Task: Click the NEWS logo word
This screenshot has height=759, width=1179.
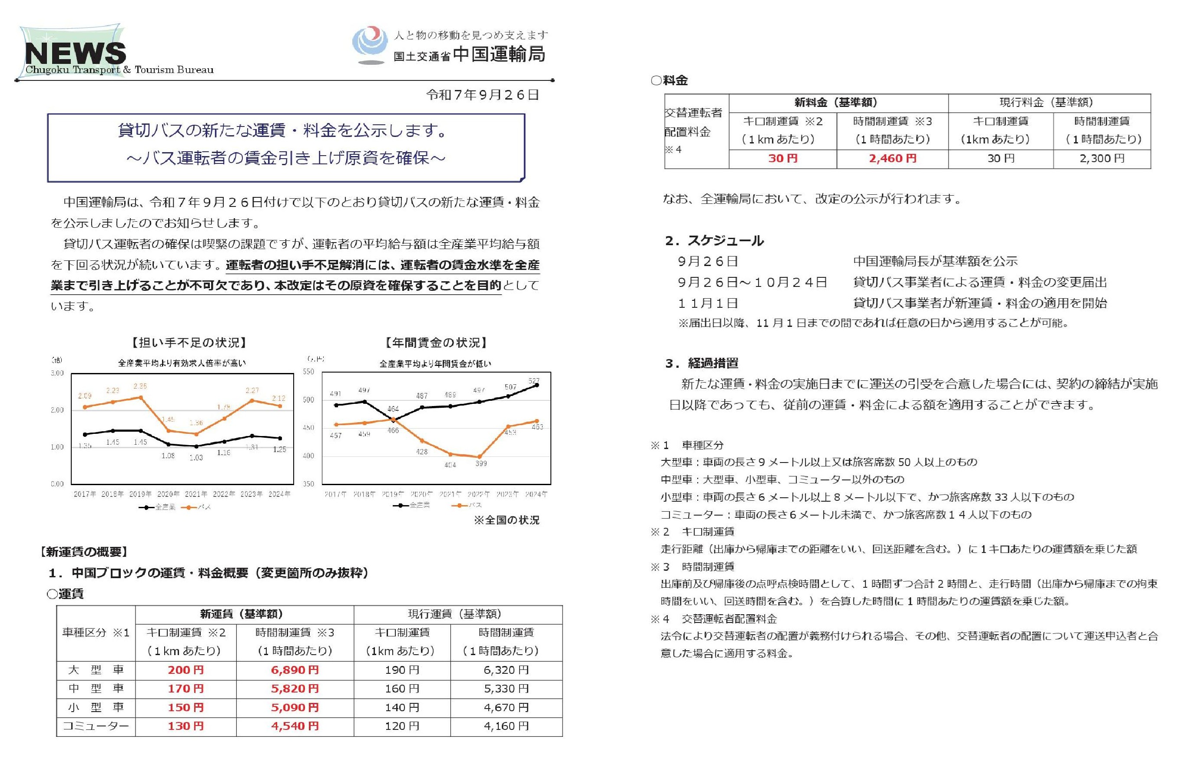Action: tap(75, 53)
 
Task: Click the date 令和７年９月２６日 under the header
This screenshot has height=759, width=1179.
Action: tap(482, 95)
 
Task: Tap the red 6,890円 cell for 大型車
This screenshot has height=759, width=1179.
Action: tap(295, 670)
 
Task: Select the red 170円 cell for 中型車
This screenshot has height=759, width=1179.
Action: tap(185, 689)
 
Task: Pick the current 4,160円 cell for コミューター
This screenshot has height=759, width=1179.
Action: tap(506, 726)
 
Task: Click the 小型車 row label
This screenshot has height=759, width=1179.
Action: tap(96, 707)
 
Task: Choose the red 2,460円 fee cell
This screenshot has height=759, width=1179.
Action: tap(892, 158)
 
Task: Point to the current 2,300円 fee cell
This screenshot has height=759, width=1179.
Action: tap(1102, 158)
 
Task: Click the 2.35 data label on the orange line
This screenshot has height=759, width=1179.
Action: tap(140, 386)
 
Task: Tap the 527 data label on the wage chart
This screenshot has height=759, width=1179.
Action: tap(533, 381)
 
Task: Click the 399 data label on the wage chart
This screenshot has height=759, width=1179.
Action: tap(480, 463)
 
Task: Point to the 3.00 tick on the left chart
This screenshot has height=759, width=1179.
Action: tap(57, 373)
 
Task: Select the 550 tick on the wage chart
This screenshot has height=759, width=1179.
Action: tap(308, 372)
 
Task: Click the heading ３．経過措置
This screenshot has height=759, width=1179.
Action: tap(702, 363)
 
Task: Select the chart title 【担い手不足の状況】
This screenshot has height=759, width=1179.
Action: tap(189, 343)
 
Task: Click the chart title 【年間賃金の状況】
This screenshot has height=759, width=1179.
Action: tap(436, 343)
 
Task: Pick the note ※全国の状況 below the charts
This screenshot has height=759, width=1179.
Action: tap(506, 520)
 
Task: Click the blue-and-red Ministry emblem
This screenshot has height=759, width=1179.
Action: tap(370, 45)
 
